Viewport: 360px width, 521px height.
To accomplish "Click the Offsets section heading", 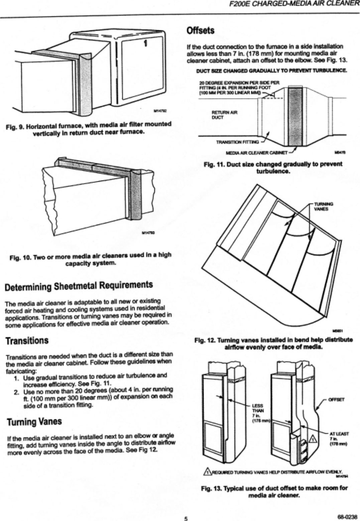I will coord(200,30).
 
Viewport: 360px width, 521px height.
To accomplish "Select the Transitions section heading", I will coord(27,341).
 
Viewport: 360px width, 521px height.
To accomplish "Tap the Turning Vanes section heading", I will coord(33,421).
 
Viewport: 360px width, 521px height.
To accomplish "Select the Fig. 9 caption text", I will coord(89,128).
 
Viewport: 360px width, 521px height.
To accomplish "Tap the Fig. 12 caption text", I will coord(273,343).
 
